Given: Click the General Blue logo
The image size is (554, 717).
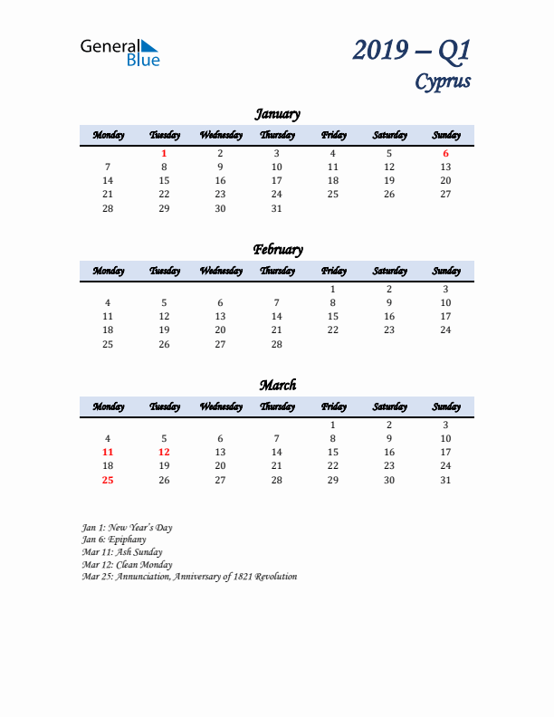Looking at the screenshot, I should point(119,53).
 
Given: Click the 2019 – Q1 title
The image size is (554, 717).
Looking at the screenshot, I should point(412,51).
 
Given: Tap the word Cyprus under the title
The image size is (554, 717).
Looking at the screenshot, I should point(443,81).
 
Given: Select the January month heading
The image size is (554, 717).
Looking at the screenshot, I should point(277,114).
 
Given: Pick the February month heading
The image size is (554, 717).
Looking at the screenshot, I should point(277,250).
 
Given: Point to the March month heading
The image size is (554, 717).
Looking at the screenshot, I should point(277,386).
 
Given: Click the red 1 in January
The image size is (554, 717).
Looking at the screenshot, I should point(164,154).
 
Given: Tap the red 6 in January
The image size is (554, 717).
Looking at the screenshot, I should point(445,154).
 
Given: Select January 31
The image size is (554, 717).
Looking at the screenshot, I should point(277,208).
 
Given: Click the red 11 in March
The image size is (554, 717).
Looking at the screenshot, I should point(108,452).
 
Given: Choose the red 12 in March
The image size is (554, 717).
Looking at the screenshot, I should point(164,452).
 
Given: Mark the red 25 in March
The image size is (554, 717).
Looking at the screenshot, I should point(108,480).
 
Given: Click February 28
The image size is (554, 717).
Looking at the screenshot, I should point(277,344).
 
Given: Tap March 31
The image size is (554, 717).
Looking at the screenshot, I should point(445,480).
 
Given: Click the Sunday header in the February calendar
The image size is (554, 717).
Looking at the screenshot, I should point(445,271).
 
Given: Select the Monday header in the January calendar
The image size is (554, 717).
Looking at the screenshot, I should point(108,135).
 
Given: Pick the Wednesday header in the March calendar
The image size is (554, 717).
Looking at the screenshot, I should point(220,406).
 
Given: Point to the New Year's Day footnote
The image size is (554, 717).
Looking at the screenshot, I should point(127,527).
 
